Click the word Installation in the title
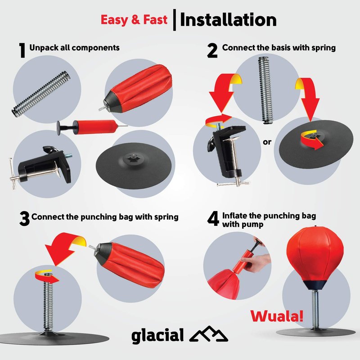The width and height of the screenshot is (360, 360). [x=228, y=20]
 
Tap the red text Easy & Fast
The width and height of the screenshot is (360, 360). [x=134, y=20]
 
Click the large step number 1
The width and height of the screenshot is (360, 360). [x=22, y=50]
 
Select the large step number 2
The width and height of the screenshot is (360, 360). [x=212, y=51]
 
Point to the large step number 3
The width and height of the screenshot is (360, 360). [x=24, y=219]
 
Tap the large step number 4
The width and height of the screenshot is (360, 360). [x=213, y=219]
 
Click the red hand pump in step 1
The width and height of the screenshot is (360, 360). [x=92, y=127]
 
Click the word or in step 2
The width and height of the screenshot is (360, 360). [x=267, y=142]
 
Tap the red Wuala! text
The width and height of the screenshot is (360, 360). [x=277, y=316]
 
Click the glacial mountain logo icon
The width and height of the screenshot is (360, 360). [x=209, y=334]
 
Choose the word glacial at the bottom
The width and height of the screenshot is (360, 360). [x=157, y=336]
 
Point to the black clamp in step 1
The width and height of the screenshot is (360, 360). [x=41, y=167]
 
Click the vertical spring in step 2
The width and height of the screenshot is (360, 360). [x=266, y=90]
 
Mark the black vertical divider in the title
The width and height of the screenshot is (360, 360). [x=175, y=20]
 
